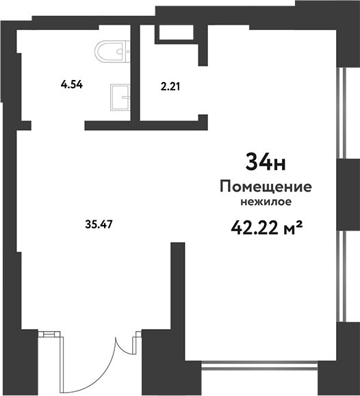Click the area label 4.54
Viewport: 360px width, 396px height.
click(72, 84)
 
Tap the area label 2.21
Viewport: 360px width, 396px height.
click(170, 87)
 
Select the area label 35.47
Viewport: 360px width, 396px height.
click(99, 224)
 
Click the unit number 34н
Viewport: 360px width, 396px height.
click(266, 162)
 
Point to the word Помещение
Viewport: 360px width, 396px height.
click(266, 187)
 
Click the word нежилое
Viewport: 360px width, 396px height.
click(266, 202)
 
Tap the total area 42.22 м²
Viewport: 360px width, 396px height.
click(267, 227)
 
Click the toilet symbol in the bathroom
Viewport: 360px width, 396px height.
click(112, 51)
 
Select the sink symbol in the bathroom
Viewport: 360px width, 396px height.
click(120, 97)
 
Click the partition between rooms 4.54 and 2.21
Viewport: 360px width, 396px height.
click(136, 73)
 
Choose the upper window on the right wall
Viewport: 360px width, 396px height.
click(342, 113)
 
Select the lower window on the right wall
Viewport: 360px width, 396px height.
click(342, 276)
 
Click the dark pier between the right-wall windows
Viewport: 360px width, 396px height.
click(348, 195)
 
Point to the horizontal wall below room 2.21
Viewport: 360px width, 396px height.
click(146, 126)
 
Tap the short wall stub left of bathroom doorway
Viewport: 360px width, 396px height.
click(24, 126)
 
